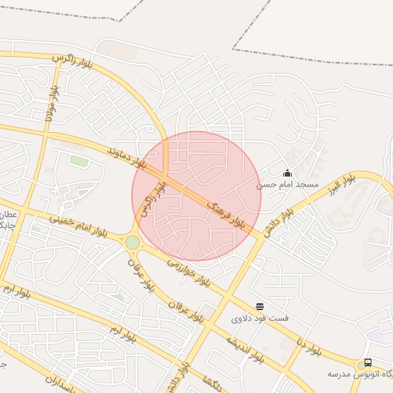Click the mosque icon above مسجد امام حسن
click(x=287, y=173)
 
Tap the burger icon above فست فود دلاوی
click(x=259, y=306)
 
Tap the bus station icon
click(x=368, y=362)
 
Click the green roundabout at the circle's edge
click(x=133, y=243)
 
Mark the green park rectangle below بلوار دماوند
click(x=78, y=160)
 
